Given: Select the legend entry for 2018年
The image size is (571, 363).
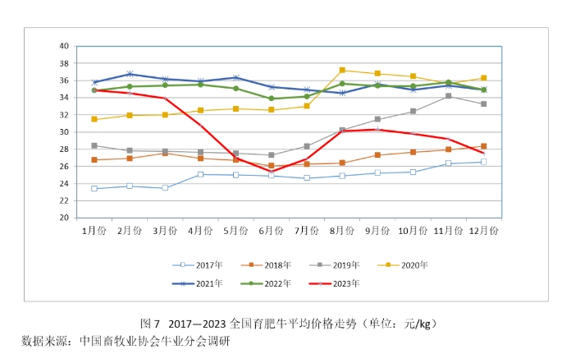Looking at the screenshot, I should click(x=276, y=265).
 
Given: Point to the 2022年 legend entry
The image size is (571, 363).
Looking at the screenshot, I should click(x=276, y=283).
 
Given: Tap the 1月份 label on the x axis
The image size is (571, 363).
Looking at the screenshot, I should click(x=94, y=231).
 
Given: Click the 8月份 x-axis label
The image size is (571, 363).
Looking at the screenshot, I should click(x=342, y=231).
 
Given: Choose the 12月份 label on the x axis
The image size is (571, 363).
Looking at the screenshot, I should click(x=483, y=231).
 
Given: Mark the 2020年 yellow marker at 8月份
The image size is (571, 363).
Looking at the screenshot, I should click(x=342, y=70).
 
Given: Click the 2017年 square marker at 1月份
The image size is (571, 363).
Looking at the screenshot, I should click(x=94, y=188).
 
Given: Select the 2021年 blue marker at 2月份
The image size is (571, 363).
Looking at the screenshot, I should click(x=130, y=74).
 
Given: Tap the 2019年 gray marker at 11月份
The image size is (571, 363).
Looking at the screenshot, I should click(x=448, y=96).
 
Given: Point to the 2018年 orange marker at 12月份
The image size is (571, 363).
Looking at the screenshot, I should click(x=484, y=146).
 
